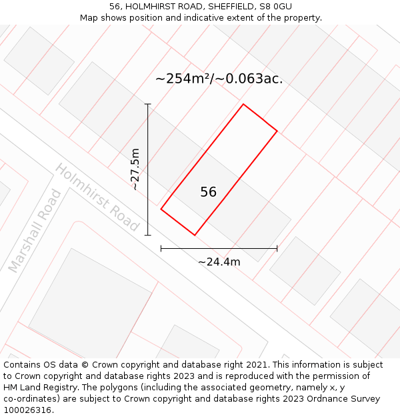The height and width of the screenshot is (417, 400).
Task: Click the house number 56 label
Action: point(208,192)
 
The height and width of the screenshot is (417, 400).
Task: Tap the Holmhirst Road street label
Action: point(97,197)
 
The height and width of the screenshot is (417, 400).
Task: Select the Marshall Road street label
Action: point(35,231)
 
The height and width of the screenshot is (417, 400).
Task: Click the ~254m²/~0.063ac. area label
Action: point(219,79)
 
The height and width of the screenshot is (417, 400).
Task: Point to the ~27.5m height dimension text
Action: point(135,169)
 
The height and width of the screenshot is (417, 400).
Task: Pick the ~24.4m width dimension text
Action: point(219,262)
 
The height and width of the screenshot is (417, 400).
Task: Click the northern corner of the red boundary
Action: point(243,104)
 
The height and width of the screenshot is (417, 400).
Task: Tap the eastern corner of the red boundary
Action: point(277,131)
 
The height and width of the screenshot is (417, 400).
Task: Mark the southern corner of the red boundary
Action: point(195,235)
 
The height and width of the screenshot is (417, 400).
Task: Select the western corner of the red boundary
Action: point(161,209)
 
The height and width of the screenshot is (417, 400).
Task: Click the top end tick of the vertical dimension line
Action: point(148,104)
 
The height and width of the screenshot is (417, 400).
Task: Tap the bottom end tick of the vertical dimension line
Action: point(148,235)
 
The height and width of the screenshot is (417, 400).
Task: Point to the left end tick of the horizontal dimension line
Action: point(161,249)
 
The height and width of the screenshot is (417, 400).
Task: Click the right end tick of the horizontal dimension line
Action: point(277,249)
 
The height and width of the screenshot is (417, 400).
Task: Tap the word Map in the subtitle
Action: point(89,18)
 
